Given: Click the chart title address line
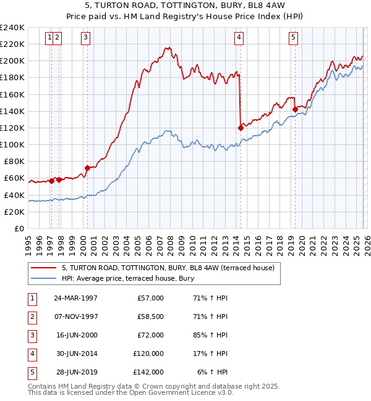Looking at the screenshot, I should click(x=185, y=7).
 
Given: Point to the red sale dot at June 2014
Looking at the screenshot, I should click(x=241, y=128).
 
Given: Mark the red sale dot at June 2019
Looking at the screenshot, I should click(x=295, y=109).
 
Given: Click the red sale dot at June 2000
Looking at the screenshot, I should click(x=87, y=168).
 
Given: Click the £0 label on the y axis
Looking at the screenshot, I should click(x=19, y=228).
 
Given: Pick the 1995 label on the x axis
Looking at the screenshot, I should click(x=28, y=243).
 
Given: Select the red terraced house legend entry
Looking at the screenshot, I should click(x=155, y=268).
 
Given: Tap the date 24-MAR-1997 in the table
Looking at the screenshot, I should click(x=75, y=298).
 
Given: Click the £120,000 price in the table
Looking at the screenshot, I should click(x=148, y=353).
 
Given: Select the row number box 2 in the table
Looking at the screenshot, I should click(x=30, y=316).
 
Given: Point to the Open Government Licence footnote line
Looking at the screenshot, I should click(x=122, y=392).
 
